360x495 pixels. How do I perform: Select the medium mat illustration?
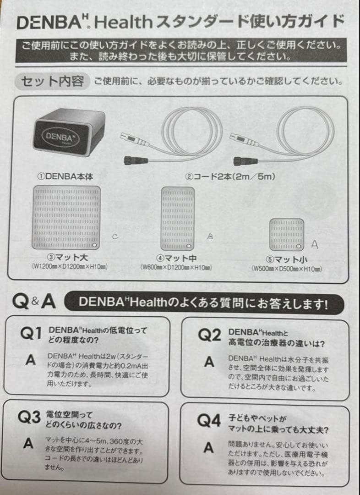pos(178,219)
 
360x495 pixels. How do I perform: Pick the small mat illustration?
pos(287,234)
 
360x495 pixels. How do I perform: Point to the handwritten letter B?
pos(211,236)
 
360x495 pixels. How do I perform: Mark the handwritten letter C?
pos(115,236)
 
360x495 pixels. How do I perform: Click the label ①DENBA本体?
pos(65,176)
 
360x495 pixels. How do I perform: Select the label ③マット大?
pos(68,258)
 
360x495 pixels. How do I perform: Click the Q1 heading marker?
pos(31,334)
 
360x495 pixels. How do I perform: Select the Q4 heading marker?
pos(209,421)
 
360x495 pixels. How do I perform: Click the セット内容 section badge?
pos(53,82)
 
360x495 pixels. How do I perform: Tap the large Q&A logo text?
pos(34,302)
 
